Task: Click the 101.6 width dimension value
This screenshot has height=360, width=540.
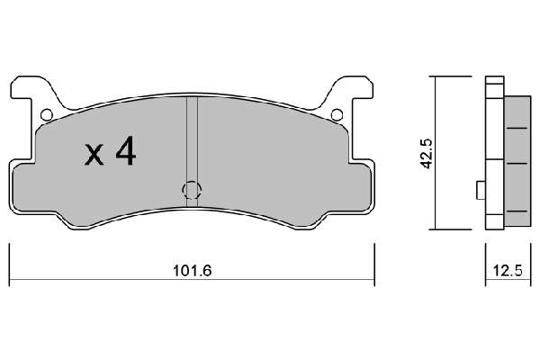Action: pyautogui.click(x=193, y=271)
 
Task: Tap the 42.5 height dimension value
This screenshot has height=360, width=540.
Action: pyautogui.click(x=427, y=154)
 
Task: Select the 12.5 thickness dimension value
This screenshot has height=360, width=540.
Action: pyautogui.click(x=508, y=271)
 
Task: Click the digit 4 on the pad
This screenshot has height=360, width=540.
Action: pyautogui.click(x=126, y=151)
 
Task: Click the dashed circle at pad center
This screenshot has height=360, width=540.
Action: pyautogui.click(x=192, y=190)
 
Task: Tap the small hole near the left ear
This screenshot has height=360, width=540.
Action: pyautogui.click(x=47, y=114)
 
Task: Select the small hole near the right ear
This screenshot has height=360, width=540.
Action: pyautogui.click(x=337, y=114)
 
